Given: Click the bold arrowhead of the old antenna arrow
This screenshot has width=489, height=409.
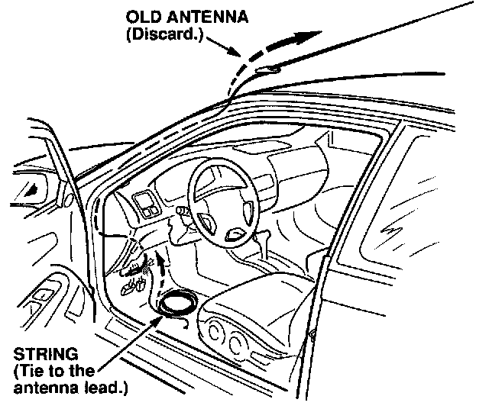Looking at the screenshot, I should tap(306, 35).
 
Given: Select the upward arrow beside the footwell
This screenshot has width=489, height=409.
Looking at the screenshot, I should tap(161, 267).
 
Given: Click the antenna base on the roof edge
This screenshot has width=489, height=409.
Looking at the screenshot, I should tap(267, 70).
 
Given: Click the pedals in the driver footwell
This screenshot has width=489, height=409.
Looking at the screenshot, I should tap(138, 285).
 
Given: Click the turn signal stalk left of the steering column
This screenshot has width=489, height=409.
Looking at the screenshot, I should tap(180, 210).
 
